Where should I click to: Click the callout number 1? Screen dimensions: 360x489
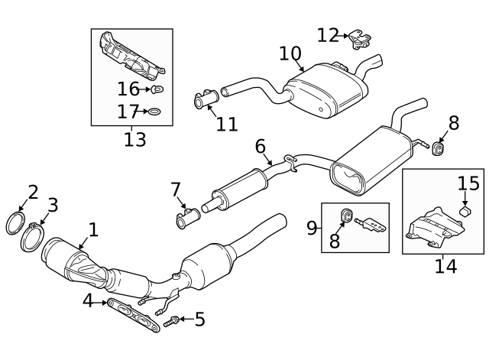[92, 229]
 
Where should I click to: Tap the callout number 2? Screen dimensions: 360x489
[32, 192]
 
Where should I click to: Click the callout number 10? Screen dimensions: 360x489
[290, 53]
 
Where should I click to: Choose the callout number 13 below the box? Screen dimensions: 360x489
[134, 139]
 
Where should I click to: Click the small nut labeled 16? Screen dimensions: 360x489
[159, 90]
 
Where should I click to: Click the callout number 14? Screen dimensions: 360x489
[445, 266]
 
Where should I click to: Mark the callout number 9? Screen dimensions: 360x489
[312, 227]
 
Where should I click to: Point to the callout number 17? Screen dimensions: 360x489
[128, 112]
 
